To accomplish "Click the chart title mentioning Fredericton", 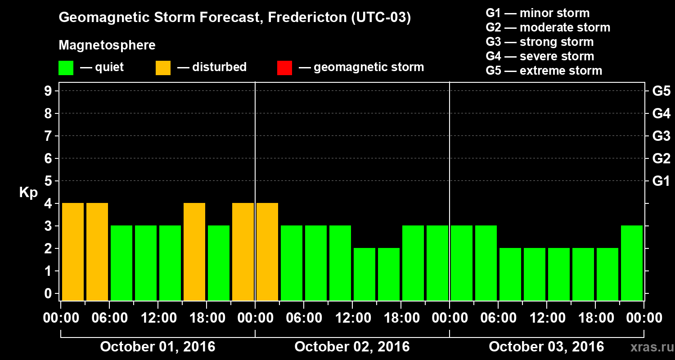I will (234, 18).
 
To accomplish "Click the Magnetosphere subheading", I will (107, 45).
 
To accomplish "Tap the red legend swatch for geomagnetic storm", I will (284, 68).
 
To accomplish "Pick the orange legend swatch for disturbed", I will (163, 68).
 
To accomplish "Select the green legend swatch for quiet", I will (66, 68).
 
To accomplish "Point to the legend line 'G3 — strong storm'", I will (540, 42).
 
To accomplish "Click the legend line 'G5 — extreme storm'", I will (544, 71).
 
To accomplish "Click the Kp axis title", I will (28, 193).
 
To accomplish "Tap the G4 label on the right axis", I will (661, 113).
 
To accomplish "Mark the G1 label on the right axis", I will (661, 181).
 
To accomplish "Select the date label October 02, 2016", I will (352, 347).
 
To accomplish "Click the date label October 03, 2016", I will (546, 347).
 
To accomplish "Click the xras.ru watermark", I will (648, 347).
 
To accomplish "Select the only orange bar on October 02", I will (267, 252).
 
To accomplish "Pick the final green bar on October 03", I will (632, 263).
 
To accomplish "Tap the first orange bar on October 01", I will (73, 252).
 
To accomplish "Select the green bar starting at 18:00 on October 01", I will (219, 263).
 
